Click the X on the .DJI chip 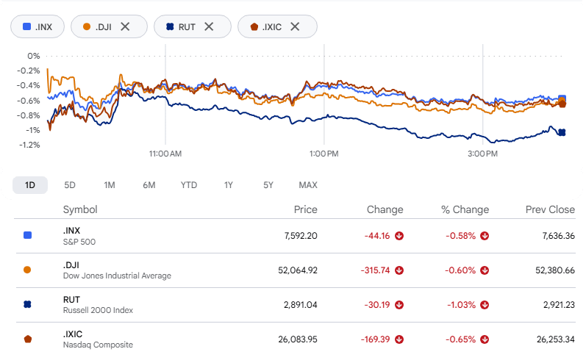(125, 26)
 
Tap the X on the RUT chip (209, 26)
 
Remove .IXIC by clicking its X (295, 26)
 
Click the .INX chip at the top (37, 26)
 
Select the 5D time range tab (70, 185)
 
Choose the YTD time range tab (189, 185)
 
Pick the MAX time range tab (308, 185)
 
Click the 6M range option (149, 185)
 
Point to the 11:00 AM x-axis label (165, 154)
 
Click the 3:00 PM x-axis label (482, 154)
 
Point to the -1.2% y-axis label (29, 145)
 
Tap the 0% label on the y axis (34, 56)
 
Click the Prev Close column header (550, 209)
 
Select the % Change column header (465, 209)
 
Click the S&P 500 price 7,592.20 (301, 236)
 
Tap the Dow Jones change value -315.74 (375, 270)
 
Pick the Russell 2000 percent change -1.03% (461, 305)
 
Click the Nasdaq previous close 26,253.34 (556, 339)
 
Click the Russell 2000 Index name (98, 310)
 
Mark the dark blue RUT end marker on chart (562, 132)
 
